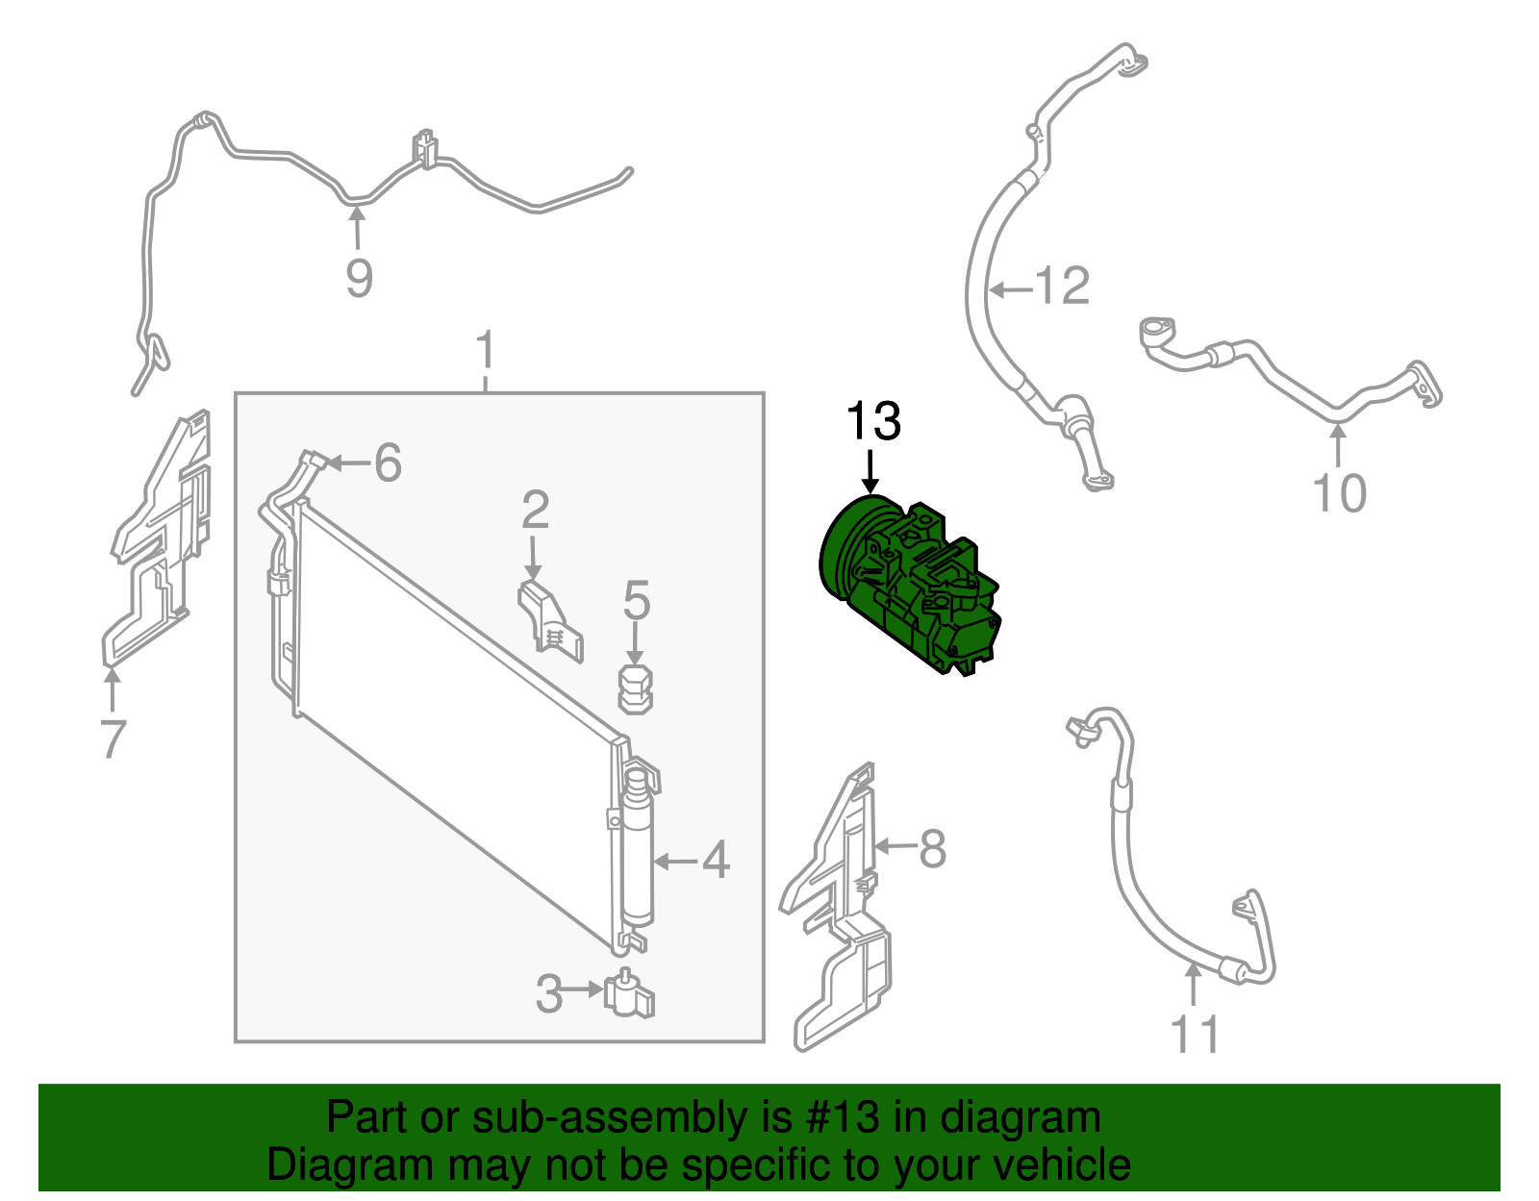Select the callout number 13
(873, 421)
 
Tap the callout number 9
(359, 278)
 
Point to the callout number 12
(1062, 287)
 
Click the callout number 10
(1339, 493)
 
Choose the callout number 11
(1195, 1035)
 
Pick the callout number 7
(114, 738)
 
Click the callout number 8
(933, 848)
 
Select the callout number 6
(388, 463)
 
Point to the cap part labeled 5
(635, 688)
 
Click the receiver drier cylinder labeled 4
(638, 849)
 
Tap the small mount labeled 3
(629, 991)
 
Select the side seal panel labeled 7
(157, 538)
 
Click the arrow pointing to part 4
(675, 862)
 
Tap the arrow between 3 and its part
(584, 988)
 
